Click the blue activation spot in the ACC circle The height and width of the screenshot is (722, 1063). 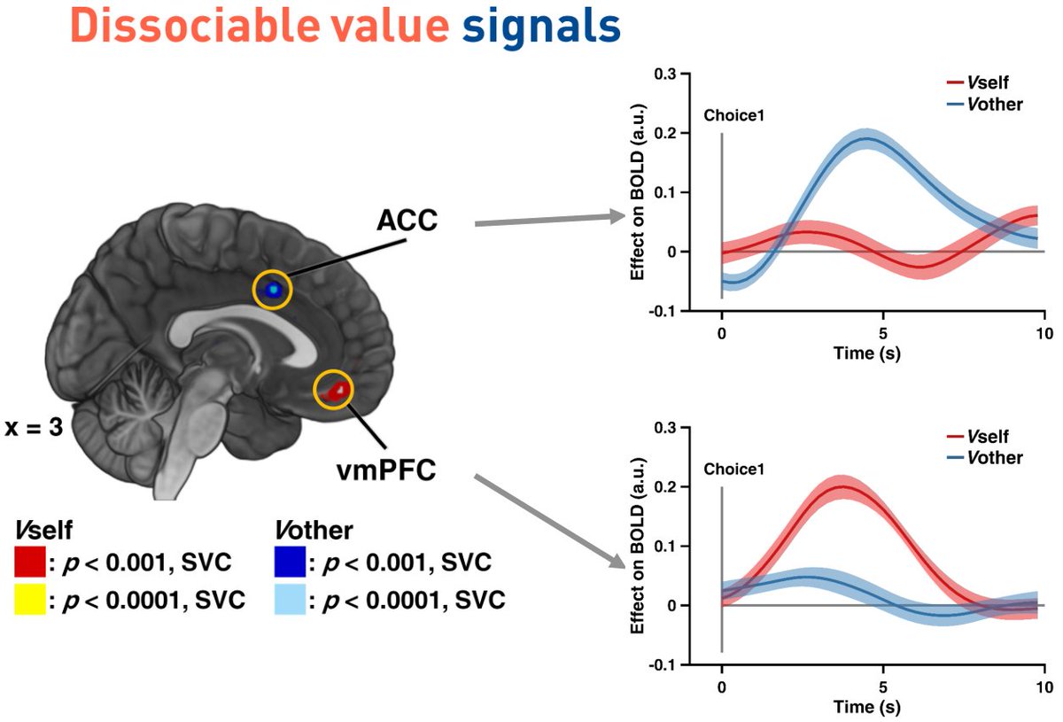pyautogui.click(x=274, y=290)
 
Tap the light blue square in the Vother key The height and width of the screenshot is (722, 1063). pyautogui.click(x=289, y=602)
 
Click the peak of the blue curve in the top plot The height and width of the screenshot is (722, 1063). pyautogui.click(x=866, y=138)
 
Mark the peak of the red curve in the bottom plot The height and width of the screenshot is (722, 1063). pyautogui.click(x=842, y=485)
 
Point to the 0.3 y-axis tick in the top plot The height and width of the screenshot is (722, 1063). pyautogui.click(x=665, y=74)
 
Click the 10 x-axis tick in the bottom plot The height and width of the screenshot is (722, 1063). pyautogui.click(x=1044, y=687)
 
